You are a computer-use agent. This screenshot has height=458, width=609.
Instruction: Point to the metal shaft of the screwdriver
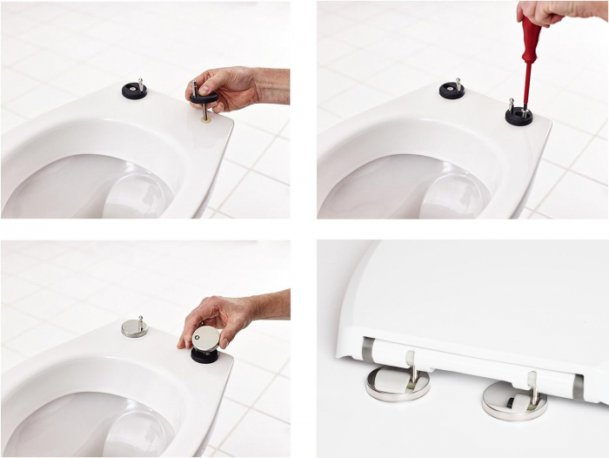point(525,87)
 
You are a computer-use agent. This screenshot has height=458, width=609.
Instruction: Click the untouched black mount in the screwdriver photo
point(452,90)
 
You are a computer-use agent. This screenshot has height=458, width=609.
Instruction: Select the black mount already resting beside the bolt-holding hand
point(134,90)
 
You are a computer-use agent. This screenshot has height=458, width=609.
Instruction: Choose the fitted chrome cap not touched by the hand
point(134,327)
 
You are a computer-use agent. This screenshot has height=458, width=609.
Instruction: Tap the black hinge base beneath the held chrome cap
point(205,354)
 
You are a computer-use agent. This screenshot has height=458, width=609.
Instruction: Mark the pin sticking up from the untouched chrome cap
point(140,318)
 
